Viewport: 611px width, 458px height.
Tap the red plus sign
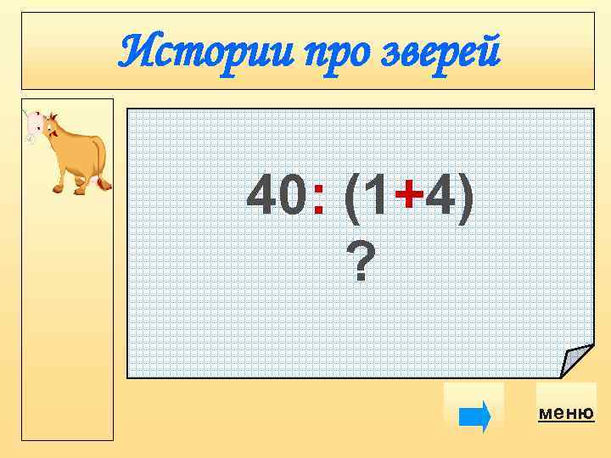tap(411, 198)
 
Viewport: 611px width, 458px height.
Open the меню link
tap(566, 413)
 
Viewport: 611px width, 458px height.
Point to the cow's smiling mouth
tap(54, 133)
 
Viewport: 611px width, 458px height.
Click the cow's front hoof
tap(58, 187)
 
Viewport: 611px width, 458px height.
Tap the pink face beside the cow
tap(35, 124)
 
